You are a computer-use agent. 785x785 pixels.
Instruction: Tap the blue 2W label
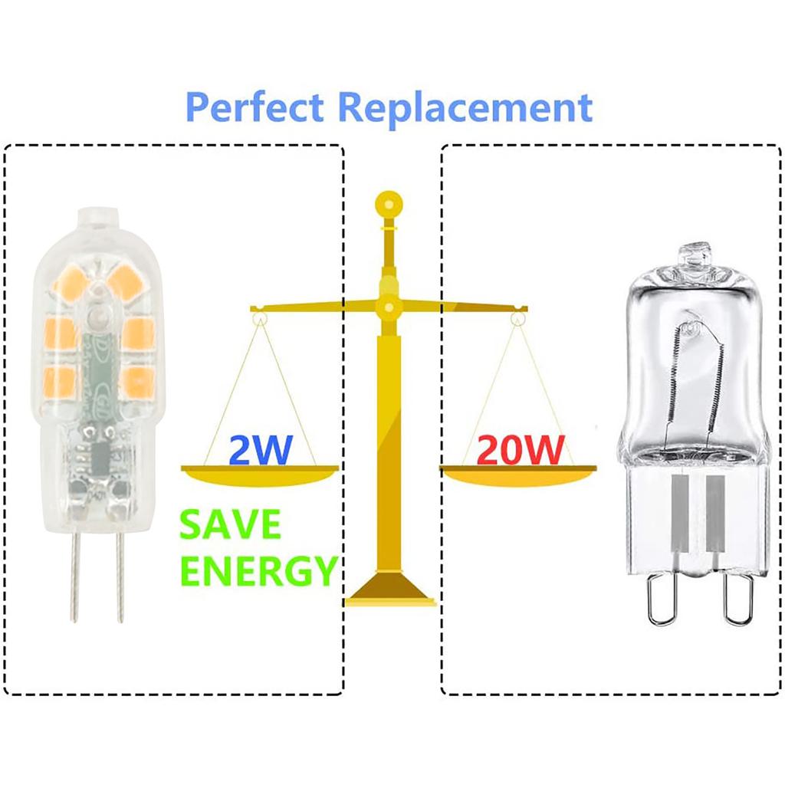pyautogui.click(x=260, y=450)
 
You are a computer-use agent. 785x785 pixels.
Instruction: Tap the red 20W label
pyautogui.click(x=521, y=450)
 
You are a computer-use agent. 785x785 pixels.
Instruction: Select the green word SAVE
pyautogui.click(x=229, y=525)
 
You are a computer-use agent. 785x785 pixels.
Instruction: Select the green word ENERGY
pyautogui.click(x=258, y=570)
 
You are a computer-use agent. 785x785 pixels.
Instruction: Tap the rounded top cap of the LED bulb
pyautogui.click(x=97, y=218)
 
